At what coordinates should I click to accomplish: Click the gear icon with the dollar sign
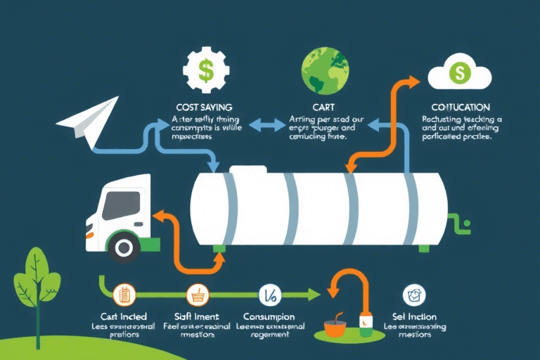tap(205, 69)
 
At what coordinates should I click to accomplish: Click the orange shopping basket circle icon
tap(195, 295)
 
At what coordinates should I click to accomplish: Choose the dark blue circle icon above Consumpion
tap(268, 295)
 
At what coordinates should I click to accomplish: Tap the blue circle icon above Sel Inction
tap(411, 295)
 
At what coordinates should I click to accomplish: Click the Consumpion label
tap(269, 316)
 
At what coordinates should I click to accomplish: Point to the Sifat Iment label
tap(196, 316)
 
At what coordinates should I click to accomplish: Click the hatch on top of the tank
tap(248, 170)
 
